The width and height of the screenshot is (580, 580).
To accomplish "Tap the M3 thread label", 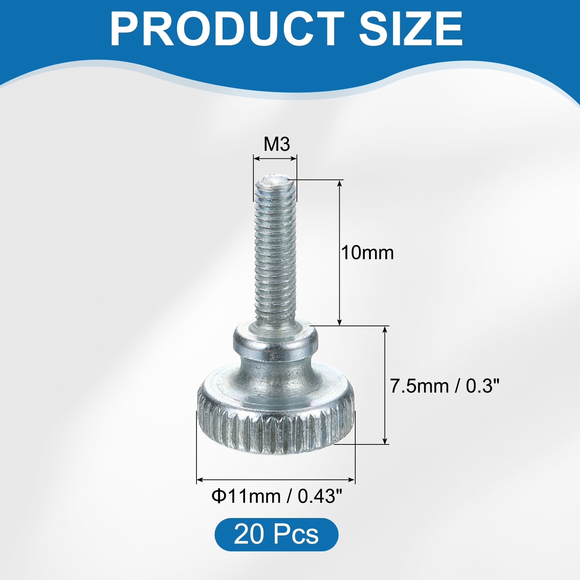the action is tap(277, 144).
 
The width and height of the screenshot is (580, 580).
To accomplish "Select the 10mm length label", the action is tap(367, 253).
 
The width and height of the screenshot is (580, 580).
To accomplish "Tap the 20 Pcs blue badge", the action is tap(276, 534).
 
